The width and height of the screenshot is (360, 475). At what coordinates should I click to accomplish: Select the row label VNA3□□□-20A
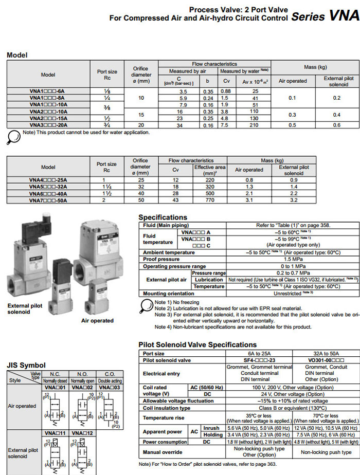(x=47, y=125)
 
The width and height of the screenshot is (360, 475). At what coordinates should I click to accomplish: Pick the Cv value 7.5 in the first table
(x=225, y=125)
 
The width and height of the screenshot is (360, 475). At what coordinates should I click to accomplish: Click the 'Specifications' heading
(x=163, y=217)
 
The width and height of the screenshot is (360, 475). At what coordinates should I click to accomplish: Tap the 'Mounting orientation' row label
(x=168, y=293)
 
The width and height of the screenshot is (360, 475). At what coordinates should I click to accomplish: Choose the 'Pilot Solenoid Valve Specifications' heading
(x=197, y=344)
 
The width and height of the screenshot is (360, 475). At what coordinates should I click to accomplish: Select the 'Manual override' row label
(x=163, y=452)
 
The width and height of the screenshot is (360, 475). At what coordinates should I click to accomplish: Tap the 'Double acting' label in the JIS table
(x=110, y=381)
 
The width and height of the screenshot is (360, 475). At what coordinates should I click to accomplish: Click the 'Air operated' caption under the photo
(x=97, y=321)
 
